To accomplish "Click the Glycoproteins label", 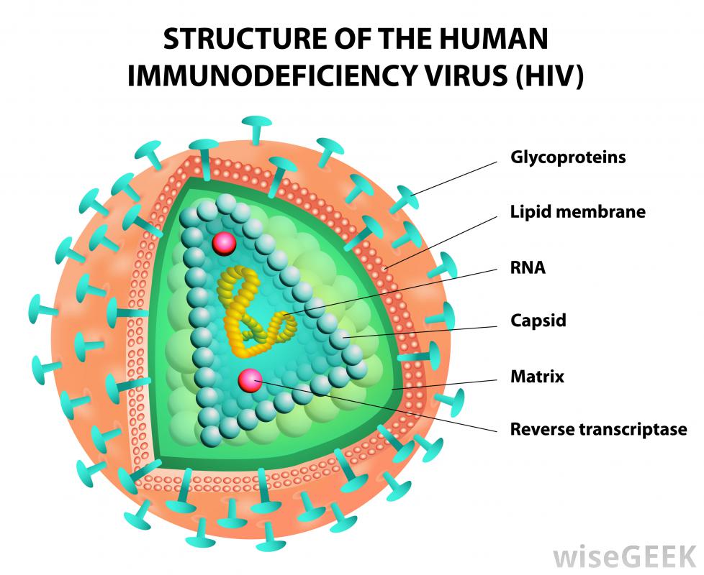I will pos(567,156).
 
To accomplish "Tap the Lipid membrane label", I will pos(577,211).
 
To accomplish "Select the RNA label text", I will pos(528,268).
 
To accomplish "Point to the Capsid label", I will pos(538,320).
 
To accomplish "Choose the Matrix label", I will pos(537,375).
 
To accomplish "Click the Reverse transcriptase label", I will pos(598,429).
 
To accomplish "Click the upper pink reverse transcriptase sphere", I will pos(224,244).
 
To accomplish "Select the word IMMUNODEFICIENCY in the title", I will pos(266,76).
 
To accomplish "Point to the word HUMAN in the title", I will pos(496,40).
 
